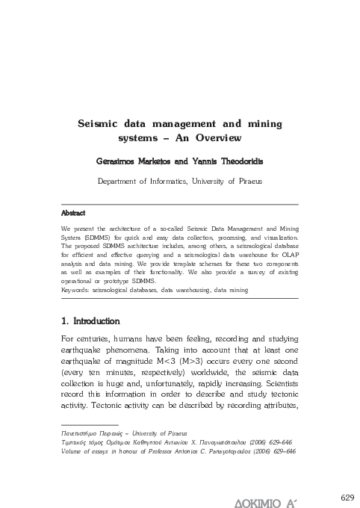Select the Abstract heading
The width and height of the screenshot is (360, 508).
tap(73, 213)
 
